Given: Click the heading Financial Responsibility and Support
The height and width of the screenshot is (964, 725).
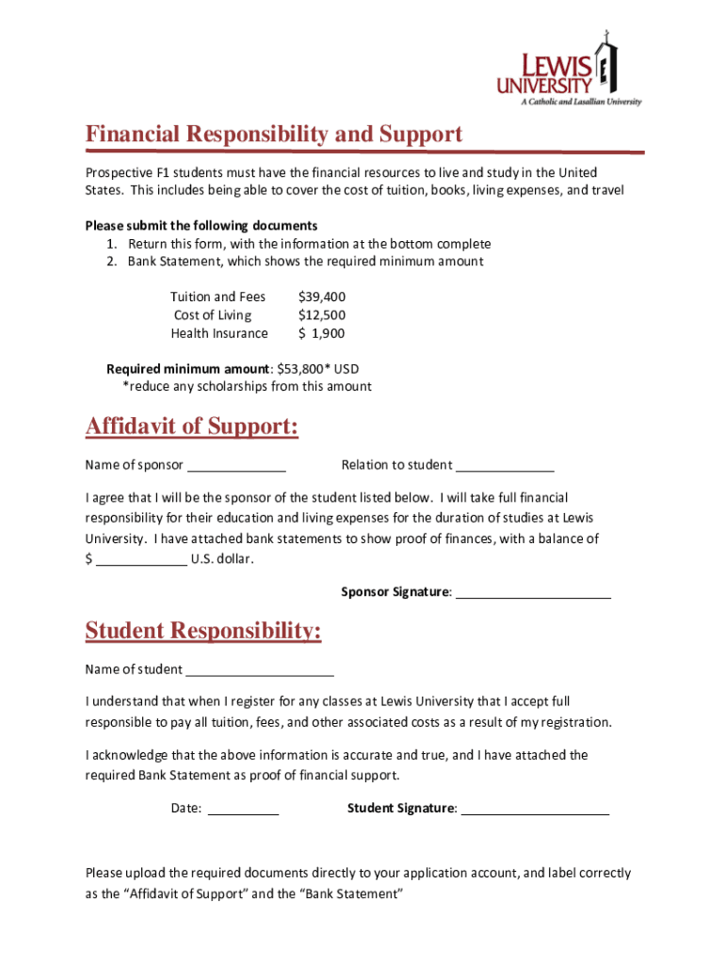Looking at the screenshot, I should pyautogui.click(x=274, y=135).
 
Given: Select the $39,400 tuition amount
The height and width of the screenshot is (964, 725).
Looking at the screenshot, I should pyautogui.click(x=321, y=297).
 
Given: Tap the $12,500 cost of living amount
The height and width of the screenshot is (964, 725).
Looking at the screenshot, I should pyautogui.click(x=321, y=315).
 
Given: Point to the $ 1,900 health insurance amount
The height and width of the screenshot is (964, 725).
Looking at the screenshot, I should pyautogui.click(x=321, y=333).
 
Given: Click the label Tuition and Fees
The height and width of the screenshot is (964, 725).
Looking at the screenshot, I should pyautogui.click(x=217, y=297).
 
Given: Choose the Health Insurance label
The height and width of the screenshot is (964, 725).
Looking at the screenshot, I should pyautogui.click(x=218, y=333).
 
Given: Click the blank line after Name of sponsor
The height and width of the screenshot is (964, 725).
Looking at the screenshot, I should pyautogui.click(x=236, y=468).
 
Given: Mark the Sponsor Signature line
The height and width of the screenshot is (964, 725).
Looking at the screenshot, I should pyautogui.click(x=533, y=596).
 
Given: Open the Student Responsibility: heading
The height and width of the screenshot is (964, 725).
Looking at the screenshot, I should pyautogui.click(x=203, y=630).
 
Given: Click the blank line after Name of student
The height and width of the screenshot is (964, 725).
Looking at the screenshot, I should pyautogui.click(x=260, y=673).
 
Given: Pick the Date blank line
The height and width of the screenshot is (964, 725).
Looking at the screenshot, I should pyautogui.click(x=243, y=811).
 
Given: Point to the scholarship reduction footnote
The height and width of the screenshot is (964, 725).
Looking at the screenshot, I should pyautogui.click(x=247, y=386).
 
